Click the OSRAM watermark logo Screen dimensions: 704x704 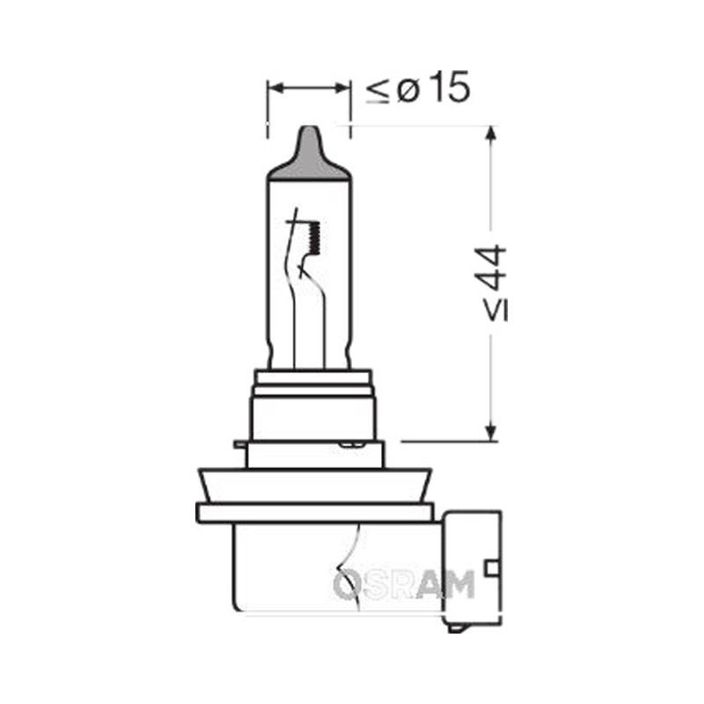[404, 583]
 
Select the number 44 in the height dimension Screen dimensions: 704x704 [492, 268]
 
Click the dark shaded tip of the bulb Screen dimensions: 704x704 [309, 154]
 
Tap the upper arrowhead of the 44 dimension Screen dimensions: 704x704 [492, 135]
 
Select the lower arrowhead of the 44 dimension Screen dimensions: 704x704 [492, 432]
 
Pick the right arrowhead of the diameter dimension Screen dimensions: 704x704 [341, 87]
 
